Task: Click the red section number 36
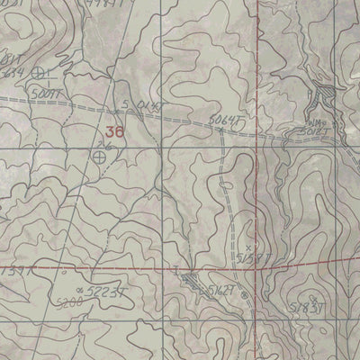pyautogui.click(x=114, y=131)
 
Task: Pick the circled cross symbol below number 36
pyautogui.click(x=98, y=156)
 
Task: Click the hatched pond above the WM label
pyautogui.click(x=323, y=93)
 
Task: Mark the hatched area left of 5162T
pyautogui.click(x=192, y=282)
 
